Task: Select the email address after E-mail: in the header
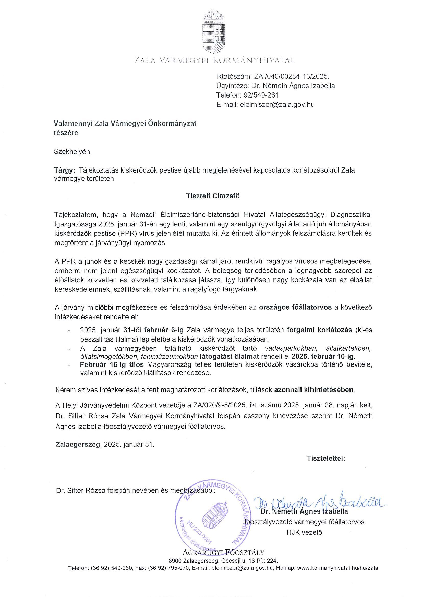click(277, 105)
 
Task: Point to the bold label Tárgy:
click(65, 170)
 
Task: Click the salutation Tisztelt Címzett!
click(213, 196)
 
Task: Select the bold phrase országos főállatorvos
click(295, 307)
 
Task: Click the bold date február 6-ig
click(164, 330)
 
